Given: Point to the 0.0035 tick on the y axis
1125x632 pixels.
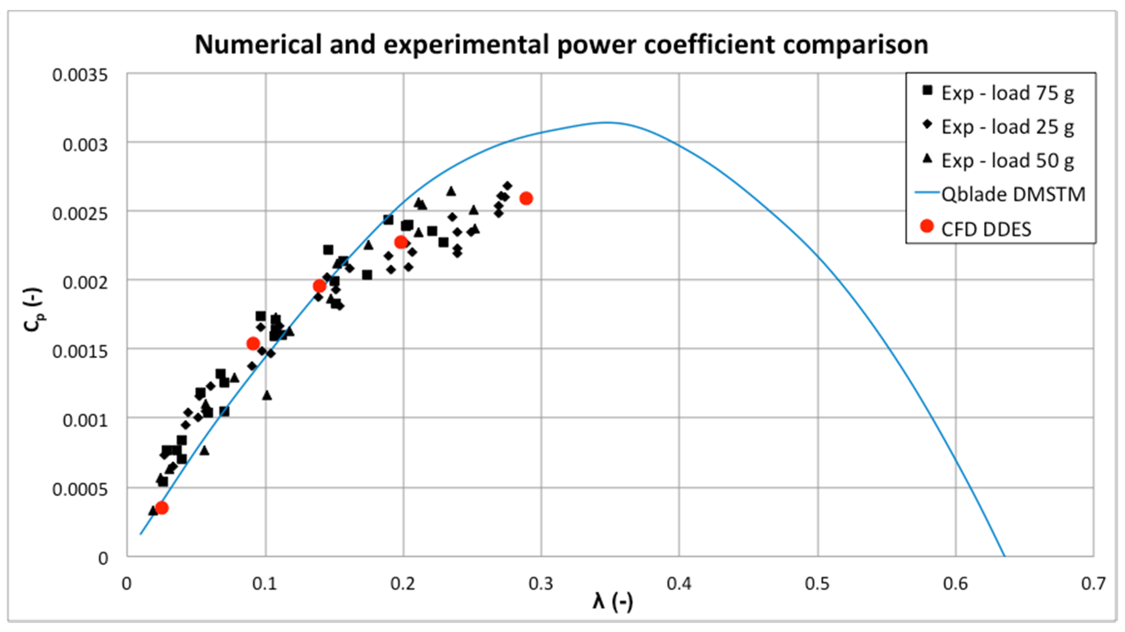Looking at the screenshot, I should (x=80, y=75).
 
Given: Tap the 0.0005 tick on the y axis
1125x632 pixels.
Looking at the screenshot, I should (x=80, y=489).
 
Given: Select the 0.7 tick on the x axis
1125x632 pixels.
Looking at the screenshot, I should (x=1093, y=583).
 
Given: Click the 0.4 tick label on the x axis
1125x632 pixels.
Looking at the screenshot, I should (x=679, y=583).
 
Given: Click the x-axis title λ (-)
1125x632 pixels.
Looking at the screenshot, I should (x=612, y=602).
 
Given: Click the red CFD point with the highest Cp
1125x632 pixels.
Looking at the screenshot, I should (x=526, y=198).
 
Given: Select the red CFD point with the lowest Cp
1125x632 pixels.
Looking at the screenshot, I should (x=162, y=508).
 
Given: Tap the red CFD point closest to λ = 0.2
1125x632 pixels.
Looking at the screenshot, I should (x=401, y=242).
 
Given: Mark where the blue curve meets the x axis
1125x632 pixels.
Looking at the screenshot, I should (x=1005, y=556).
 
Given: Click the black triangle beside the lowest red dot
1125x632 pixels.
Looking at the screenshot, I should (x=152, y=510).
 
